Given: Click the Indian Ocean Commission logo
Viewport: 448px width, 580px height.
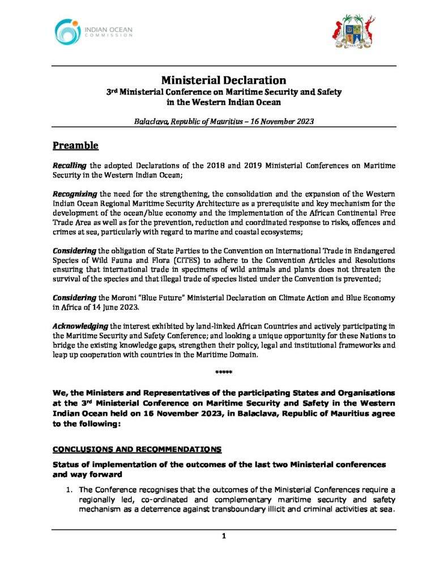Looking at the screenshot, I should tap(93, 29).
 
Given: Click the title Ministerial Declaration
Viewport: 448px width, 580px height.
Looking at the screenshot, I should tap(224, 80).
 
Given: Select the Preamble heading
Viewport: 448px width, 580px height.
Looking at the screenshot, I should tap(76, 146).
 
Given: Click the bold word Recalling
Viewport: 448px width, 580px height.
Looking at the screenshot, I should tap(69, 165).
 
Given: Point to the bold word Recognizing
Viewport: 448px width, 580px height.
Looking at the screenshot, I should tap(74, 194).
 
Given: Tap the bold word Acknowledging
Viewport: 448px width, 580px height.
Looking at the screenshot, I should tap(80, 327).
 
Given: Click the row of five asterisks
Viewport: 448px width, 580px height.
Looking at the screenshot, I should tap(224, 372).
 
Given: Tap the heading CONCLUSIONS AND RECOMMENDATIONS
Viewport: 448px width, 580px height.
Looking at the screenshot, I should tap(136, 450).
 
